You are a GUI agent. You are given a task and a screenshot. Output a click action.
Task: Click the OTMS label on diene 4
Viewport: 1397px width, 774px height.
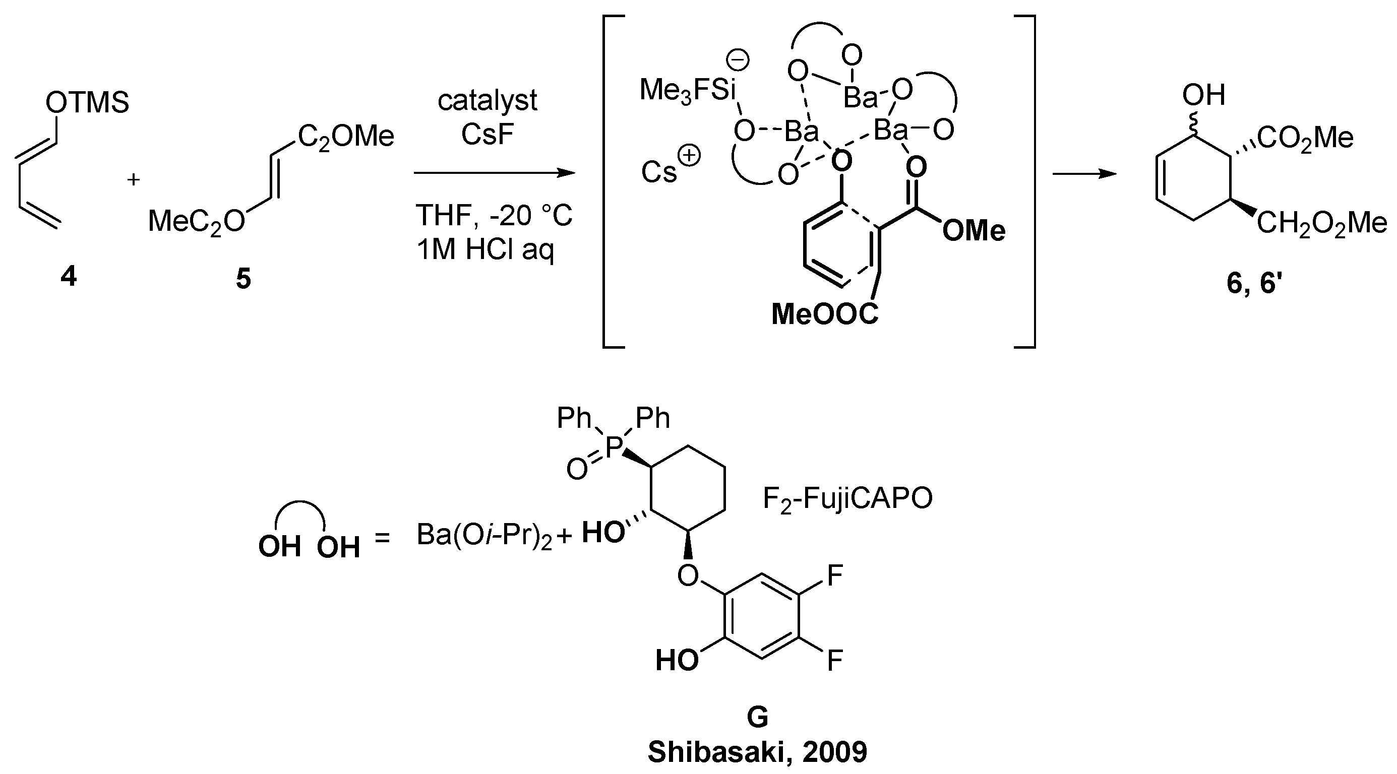pyautogui.click(x=87, y=102)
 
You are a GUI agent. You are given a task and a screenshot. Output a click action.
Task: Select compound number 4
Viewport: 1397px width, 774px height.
pyautogui.click(x=69, y=278)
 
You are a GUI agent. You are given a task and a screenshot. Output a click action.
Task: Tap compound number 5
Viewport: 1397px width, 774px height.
pyautogui.click(x=244, y=279)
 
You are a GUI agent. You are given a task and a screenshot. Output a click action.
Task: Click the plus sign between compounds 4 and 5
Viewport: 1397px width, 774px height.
pyautogui.click(x=134, y=179)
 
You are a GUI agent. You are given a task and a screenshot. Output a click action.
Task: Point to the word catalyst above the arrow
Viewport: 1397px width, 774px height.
pyautogui.click(x=488, y=101)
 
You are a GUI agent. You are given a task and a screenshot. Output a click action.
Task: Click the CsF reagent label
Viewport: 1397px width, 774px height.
pyautogui.click(x=488, y=134)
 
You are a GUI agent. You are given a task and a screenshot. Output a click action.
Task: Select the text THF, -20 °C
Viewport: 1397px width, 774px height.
pyautogui.click(x=494, y=216)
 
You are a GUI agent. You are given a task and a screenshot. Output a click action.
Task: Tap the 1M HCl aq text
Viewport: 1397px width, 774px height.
pyautogui.click(x=486, y=250)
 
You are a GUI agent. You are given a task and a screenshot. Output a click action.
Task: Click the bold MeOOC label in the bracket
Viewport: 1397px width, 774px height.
pyautogui.click(x=824, y=314)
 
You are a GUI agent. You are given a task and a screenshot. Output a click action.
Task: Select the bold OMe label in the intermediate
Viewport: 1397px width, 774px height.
pyautogui.click(x=974, y=231)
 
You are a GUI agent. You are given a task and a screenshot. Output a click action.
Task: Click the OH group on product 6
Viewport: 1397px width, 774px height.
pyautogui.click(x=1204, y=95)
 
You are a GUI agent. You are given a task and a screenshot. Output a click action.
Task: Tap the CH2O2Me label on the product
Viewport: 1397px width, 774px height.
pyautogui.click(x=1321, y=223)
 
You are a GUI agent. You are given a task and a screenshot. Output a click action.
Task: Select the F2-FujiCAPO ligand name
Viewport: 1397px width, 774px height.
pyautogui.click(x=847, y=499)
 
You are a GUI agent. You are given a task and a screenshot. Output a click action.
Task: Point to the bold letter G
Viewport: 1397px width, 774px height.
pyautogui.click(x=758, y=718)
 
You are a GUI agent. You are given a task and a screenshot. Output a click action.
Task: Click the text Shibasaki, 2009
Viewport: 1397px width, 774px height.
pyautogui.click(x=758, y=752)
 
